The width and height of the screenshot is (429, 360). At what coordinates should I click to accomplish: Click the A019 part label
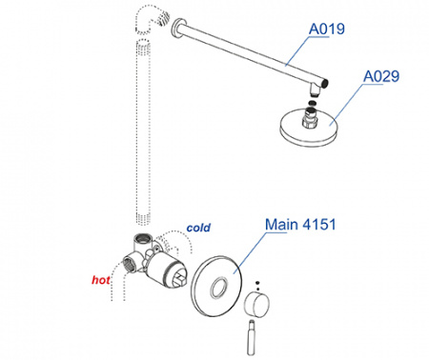point(327,29)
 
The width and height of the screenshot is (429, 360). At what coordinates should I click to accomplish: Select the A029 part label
point(381,76)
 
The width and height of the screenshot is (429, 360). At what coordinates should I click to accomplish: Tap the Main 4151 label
point(300,225)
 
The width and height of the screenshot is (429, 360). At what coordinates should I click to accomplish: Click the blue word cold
point(198,228)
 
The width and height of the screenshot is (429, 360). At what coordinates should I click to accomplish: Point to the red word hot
point(101,280)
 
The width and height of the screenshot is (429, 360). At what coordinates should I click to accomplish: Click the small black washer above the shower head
point(313,103)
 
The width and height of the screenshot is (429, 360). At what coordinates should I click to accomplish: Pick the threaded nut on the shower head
point(310,118)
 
